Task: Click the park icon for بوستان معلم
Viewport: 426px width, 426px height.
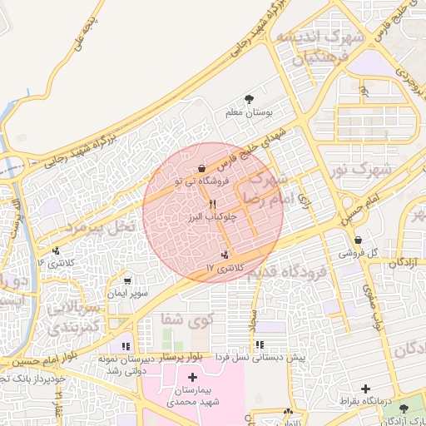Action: click(250, 100)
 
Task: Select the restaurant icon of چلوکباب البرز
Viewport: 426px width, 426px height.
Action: click(213, 204)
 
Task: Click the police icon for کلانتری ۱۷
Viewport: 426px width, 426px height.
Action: click(225, 255)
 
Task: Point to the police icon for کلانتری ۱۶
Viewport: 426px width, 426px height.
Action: click(56, 250)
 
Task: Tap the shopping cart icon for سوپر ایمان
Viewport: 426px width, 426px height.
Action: click(127, 281)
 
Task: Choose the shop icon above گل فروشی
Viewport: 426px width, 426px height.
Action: click(358, 240)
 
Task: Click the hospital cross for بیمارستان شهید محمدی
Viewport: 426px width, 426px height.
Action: click(192, 378)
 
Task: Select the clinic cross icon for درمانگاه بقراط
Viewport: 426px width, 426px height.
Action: click(365, 389)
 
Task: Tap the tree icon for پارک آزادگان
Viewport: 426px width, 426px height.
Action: click(404, 409)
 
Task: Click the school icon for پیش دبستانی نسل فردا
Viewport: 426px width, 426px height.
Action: click(260, 344)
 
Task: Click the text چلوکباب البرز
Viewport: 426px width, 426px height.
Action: click(213, 217)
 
